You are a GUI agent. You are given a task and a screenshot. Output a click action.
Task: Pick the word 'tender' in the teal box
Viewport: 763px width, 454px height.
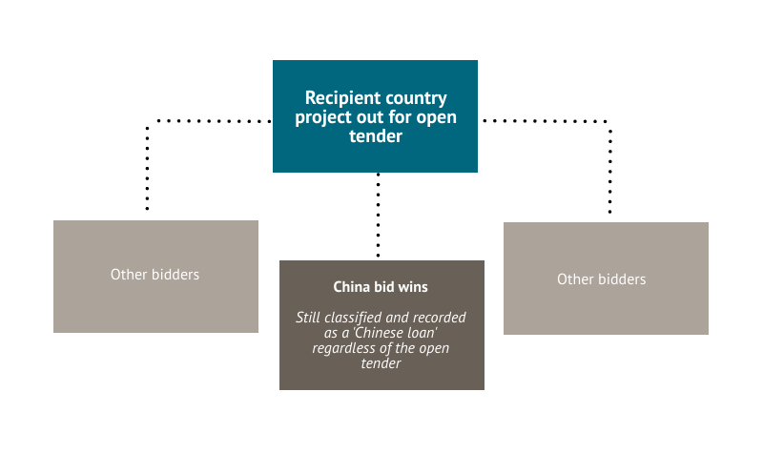[x=375, y=136]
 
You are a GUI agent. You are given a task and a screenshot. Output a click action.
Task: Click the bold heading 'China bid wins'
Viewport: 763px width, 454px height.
[x=381, y=286]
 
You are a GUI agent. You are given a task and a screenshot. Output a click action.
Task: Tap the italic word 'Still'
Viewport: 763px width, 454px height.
[x=312, y=317]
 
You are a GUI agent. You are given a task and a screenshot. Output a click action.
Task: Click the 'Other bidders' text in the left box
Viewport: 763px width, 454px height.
[x=155, y=274]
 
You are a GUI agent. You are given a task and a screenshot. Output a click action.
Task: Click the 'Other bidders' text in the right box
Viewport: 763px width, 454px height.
[x=602, y=279]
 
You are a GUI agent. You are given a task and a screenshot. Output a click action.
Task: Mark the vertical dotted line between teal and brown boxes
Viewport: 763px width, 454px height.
[x=378, y=216]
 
